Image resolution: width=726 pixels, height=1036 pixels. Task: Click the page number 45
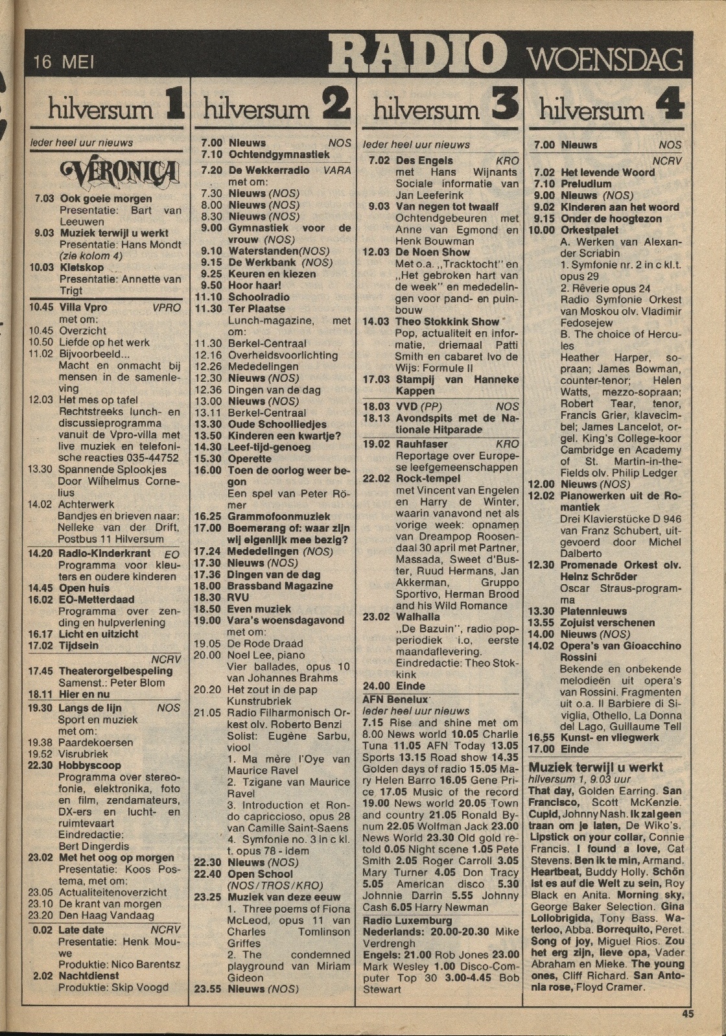coord(687,1014)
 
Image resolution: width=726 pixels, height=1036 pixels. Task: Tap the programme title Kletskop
coord(81,268)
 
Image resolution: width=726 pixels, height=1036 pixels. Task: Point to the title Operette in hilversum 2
coord(250,458)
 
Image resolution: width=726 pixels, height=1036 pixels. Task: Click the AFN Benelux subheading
coord(395,700)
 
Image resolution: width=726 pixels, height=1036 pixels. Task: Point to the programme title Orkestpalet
coord(590,230)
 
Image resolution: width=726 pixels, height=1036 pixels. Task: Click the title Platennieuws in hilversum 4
coord(594,611)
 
